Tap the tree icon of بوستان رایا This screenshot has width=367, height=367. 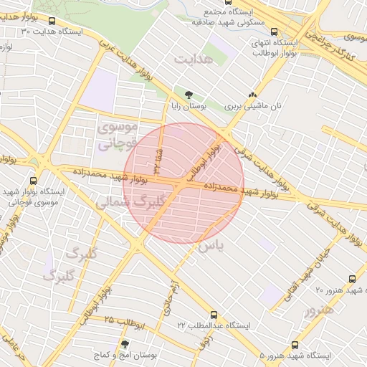click(189, 94)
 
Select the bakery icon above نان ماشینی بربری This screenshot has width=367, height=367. click(252, 94)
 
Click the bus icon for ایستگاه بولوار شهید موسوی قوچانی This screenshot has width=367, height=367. click(34, 181)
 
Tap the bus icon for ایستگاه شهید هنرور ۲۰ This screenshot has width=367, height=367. click(351, 279)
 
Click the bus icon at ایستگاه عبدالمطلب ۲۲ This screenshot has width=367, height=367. click(214, 315)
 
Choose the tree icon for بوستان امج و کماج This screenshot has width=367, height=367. click(125, 345)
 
